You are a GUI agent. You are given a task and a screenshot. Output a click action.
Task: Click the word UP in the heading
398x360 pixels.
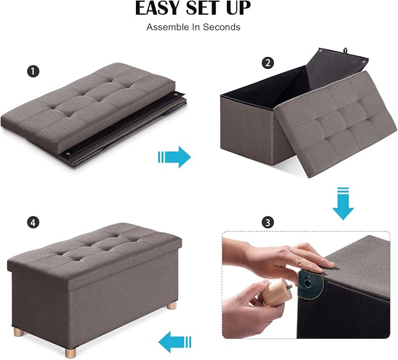pos(238,8)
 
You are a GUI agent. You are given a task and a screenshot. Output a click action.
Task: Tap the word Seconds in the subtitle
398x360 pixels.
pos(222,27)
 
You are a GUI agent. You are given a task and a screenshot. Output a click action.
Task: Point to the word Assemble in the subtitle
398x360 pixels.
pos(168,27)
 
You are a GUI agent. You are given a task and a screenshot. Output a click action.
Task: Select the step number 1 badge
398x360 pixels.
pos(33,71)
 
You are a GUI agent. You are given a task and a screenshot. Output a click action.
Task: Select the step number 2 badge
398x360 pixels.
pos(268,63)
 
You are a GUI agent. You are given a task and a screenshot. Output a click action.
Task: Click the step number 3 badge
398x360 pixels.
pos(268,222)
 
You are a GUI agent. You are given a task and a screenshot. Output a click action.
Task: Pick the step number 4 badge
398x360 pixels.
pos(33,223)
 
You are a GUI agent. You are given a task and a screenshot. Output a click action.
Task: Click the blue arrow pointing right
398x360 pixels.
pos(174,157)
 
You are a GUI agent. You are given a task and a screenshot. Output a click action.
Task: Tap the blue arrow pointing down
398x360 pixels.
pos(343,203)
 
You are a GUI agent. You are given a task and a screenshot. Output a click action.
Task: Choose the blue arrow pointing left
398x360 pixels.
pos(175,342)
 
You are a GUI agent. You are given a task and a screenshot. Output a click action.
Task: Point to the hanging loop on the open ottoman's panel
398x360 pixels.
pos(345,50)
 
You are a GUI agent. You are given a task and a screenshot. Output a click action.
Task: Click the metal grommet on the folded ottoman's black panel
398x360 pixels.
pos(68,154)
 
